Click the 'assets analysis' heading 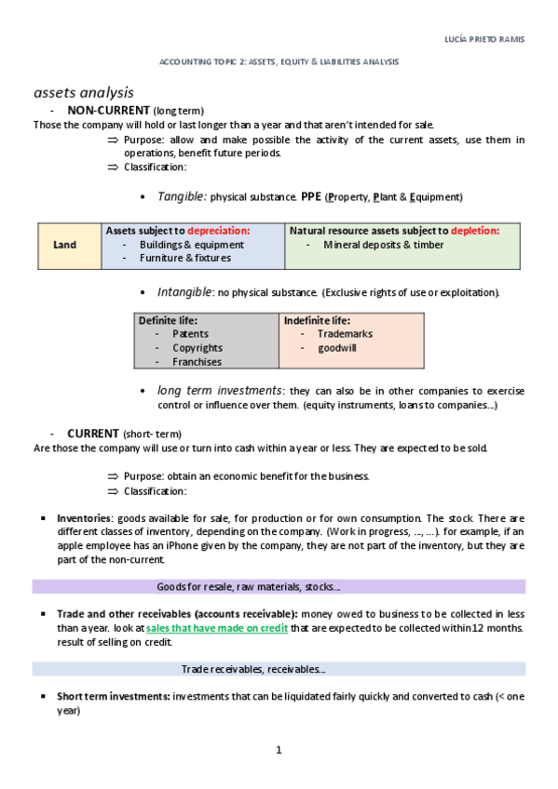coord(84,92)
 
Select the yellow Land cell coord(65,245)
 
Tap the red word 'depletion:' coord(462,230)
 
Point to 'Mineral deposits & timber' coord(384,245)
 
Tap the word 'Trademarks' coord(345,334)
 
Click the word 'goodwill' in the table coord(337,348)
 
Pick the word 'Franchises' coord(197,362)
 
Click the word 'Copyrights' coord(197,348)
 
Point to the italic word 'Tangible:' coord(182,196)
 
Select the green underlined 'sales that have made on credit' coord(216,628)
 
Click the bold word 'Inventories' coord(85,517)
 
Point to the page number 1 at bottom coord(279,749)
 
